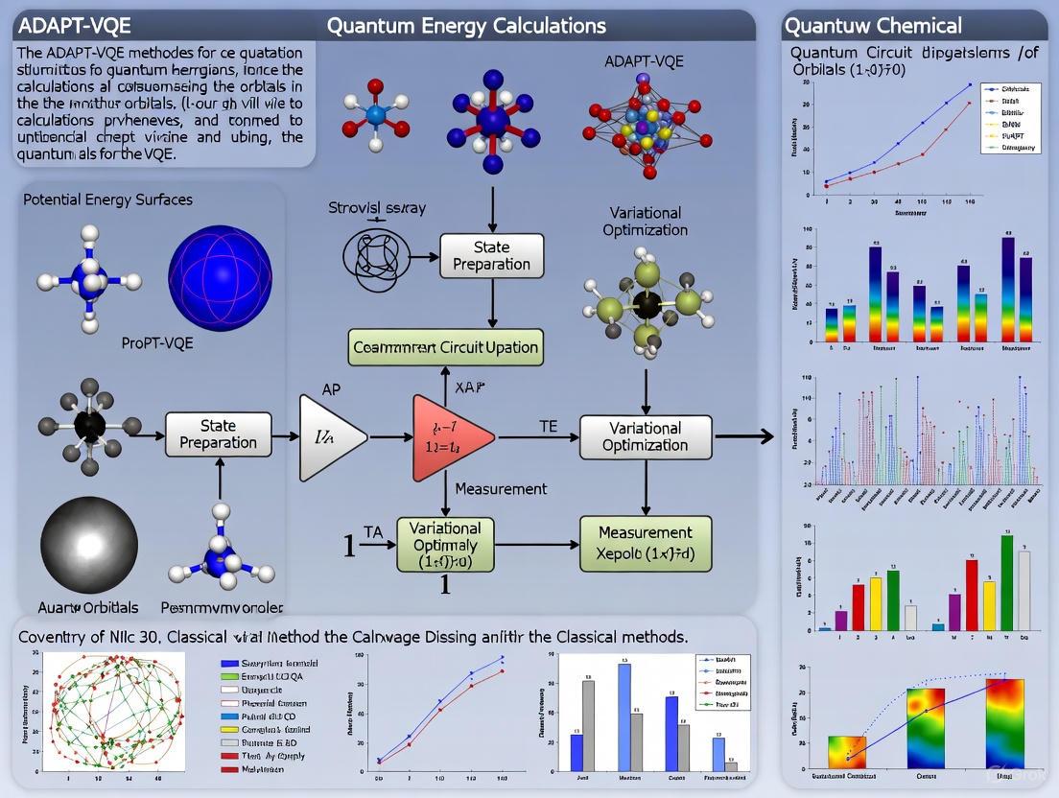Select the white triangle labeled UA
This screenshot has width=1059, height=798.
pyautogui.click(x=330, y=437)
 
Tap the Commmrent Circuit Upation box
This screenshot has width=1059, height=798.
pyautogui.click(x=445, y=346)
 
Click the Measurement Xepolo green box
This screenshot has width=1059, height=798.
pyautogui.click(x=645, y=544)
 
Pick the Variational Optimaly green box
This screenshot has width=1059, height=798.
pyautogui.click(x=444, y=544)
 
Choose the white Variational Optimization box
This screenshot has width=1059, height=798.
pyautogui.click(x=646, y=436)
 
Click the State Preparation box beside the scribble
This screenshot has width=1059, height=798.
pyautogui.click(x=491, y=255)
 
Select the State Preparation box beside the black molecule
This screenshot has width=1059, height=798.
pyautogui.click(x=217, y=434)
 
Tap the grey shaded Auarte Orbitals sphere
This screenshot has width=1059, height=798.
pyautogui.click(x=89, y=543)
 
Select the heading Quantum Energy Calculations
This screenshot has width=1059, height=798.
pyautogui.click(x=466, y=25)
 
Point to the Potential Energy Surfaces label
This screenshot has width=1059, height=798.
pyautogui.click(x=106, y=199)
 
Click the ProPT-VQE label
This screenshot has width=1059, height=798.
pyautogui.click(x=157, y=342)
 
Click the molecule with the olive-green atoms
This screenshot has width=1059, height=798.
pyautogui.click(x=646, y=305)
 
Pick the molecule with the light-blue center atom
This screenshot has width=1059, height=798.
pyautogui.click(x=375, y=115)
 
